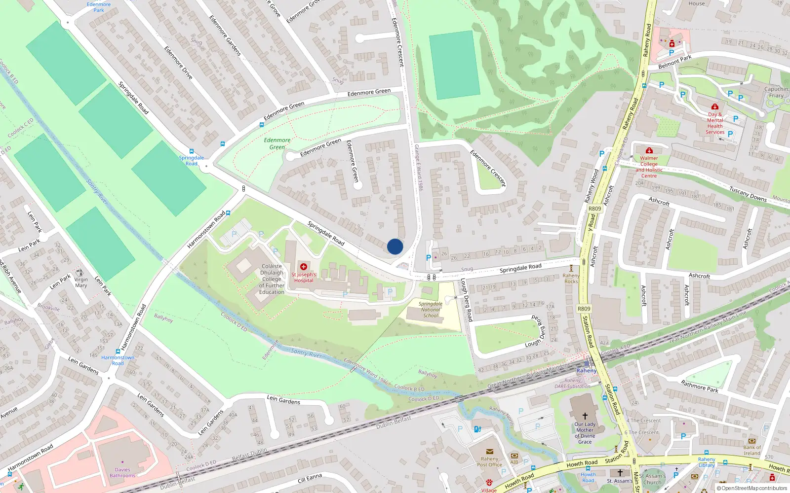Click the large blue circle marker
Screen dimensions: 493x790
point(395,246)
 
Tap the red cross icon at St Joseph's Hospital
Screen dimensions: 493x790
point(304,267)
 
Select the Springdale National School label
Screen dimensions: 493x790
point(431,310)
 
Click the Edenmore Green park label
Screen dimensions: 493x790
point(277,143)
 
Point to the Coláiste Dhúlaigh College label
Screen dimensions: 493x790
point(272,279)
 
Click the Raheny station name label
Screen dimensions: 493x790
point(587,371)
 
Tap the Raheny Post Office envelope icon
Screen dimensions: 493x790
point(490,452)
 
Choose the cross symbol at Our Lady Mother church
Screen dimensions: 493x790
point(585,416)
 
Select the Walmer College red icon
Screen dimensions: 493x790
point(649,150)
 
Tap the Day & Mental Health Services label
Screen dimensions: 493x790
point(715,123)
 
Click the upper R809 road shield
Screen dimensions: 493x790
point(595,209)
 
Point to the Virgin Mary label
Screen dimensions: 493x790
point(81,282)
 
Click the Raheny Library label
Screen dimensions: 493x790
point(707,462)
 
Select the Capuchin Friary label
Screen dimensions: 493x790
point(776,92)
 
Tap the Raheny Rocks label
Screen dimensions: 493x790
point(571,279)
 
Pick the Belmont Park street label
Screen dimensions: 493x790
point(675,62)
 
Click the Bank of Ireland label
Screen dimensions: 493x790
point(752,450)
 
